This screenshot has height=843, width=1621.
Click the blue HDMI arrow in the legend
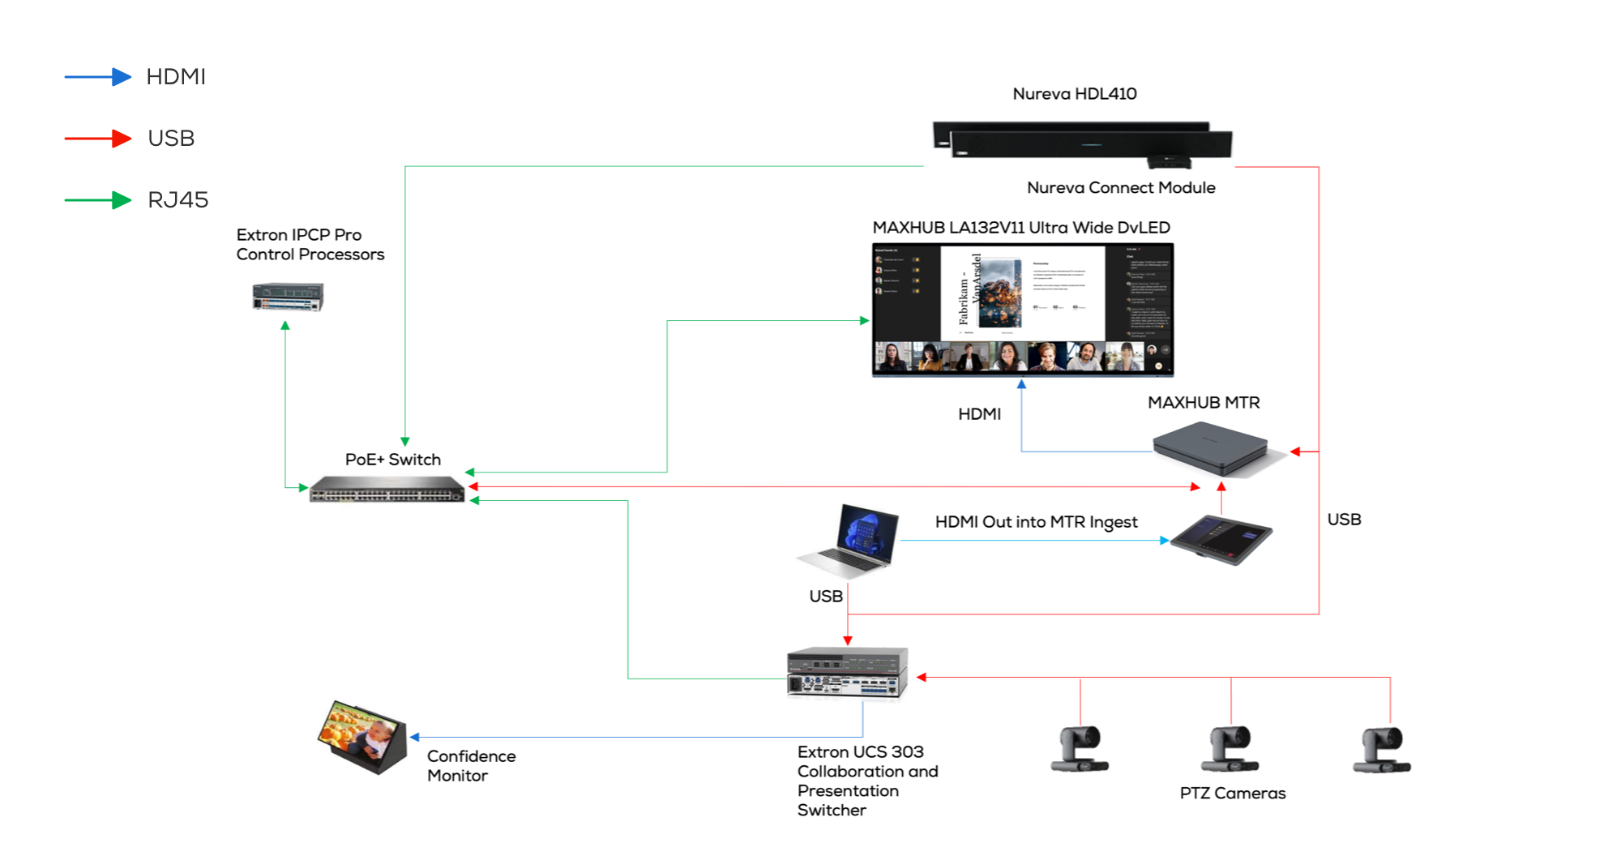click(x=98, y=77)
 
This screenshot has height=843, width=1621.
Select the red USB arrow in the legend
click(x=98, y=139)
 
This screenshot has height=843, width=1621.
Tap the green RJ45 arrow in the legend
click(x=98, y=200)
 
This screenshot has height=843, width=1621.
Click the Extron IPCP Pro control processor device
click(x=288, y=297)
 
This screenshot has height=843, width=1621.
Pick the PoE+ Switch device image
click(x=387, y=490)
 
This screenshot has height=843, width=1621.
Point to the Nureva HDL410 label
click(x=1074, y=94)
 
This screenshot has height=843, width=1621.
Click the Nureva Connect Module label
click(x=1121, y=188)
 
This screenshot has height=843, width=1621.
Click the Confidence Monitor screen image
click(x=362, y=736)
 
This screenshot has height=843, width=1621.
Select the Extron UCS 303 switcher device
click(x=847, y=673)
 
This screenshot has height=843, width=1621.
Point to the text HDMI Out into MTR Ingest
click(x=1036, y=522)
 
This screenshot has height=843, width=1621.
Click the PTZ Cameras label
click(x=1232, y=794)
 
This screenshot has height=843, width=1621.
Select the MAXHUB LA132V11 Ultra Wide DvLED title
click(x=1021, y=228)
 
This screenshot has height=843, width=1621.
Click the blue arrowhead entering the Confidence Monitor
click(x=415, y=737)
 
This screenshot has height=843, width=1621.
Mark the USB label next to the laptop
click(x=826, y=597)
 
